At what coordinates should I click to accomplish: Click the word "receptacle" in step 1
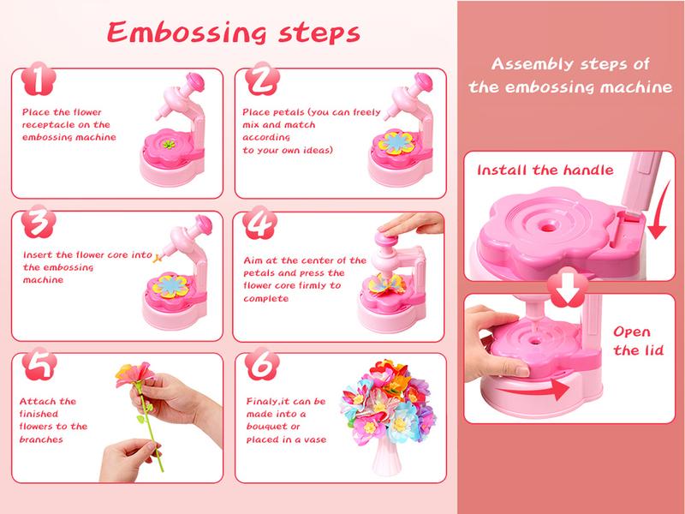point(45,124)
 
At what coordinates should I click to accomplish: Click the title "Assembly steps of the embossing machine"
point(572,75)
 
